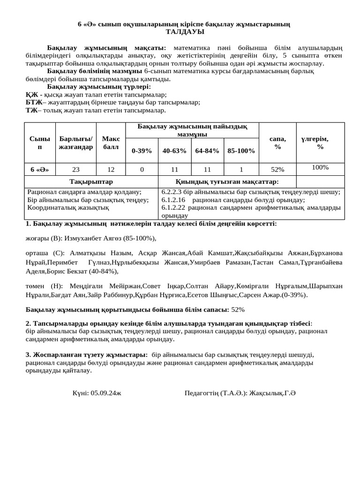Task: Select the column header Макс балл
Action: click(111, 143)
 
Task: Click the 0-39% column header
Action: click(142, 151)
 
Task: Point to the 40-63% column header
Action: click(174, 151)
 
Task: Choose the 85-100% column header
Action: click(241, 151)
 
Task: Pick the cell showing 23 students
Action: click(75, 169)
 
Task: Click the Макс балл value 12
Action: click(111, 169)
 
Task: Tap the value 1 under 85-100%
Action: click(241, 169)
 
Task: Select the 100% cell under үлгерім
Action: click(320, 167)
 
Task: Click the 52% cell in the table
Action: click(277, 169)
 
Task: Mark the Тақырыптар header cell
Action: click(91, 181)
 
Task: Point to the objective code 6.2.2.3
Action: click(173, 192)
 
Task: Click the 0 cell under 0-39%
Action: click(142, 169)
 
